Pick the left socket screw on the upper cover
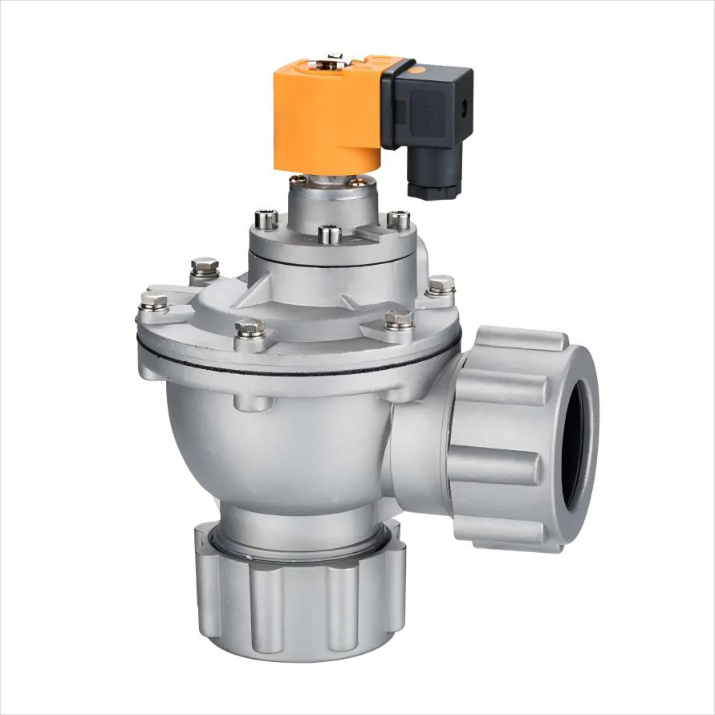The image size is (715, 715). (x=266, y=218)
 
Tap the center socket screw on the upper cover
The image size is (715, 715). (x=329, y=234)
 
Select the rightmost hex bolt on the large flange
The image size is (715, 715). (x=441, y=285)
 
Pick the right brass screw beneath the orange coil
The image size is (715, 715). (x=356, y=183)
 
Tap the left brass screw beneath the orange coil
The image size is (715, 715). (x=297, y=180)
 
